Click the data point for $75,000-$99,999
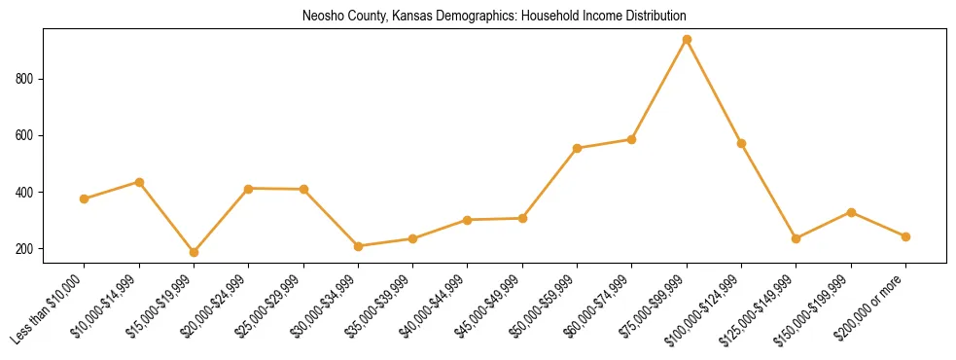[x=687, y=40]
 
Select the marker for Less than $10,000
[x=85, y=198]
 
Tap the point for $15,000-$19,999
[x=195, y=252]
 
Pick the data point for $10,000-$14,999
[x=139, y=182]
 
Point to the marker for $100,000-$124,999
[x=741, y=144]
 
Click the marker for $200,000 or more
[x=905, y=236]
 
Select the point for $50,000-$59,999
[x=577, y=148]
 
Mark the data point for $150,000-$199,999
[x=851, y=212]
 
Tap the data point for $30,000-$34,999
[x=358, y=246]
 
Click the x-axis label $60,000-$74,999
[x=602, y=306]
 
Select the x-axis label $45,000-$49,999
[x=492, y=306]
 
